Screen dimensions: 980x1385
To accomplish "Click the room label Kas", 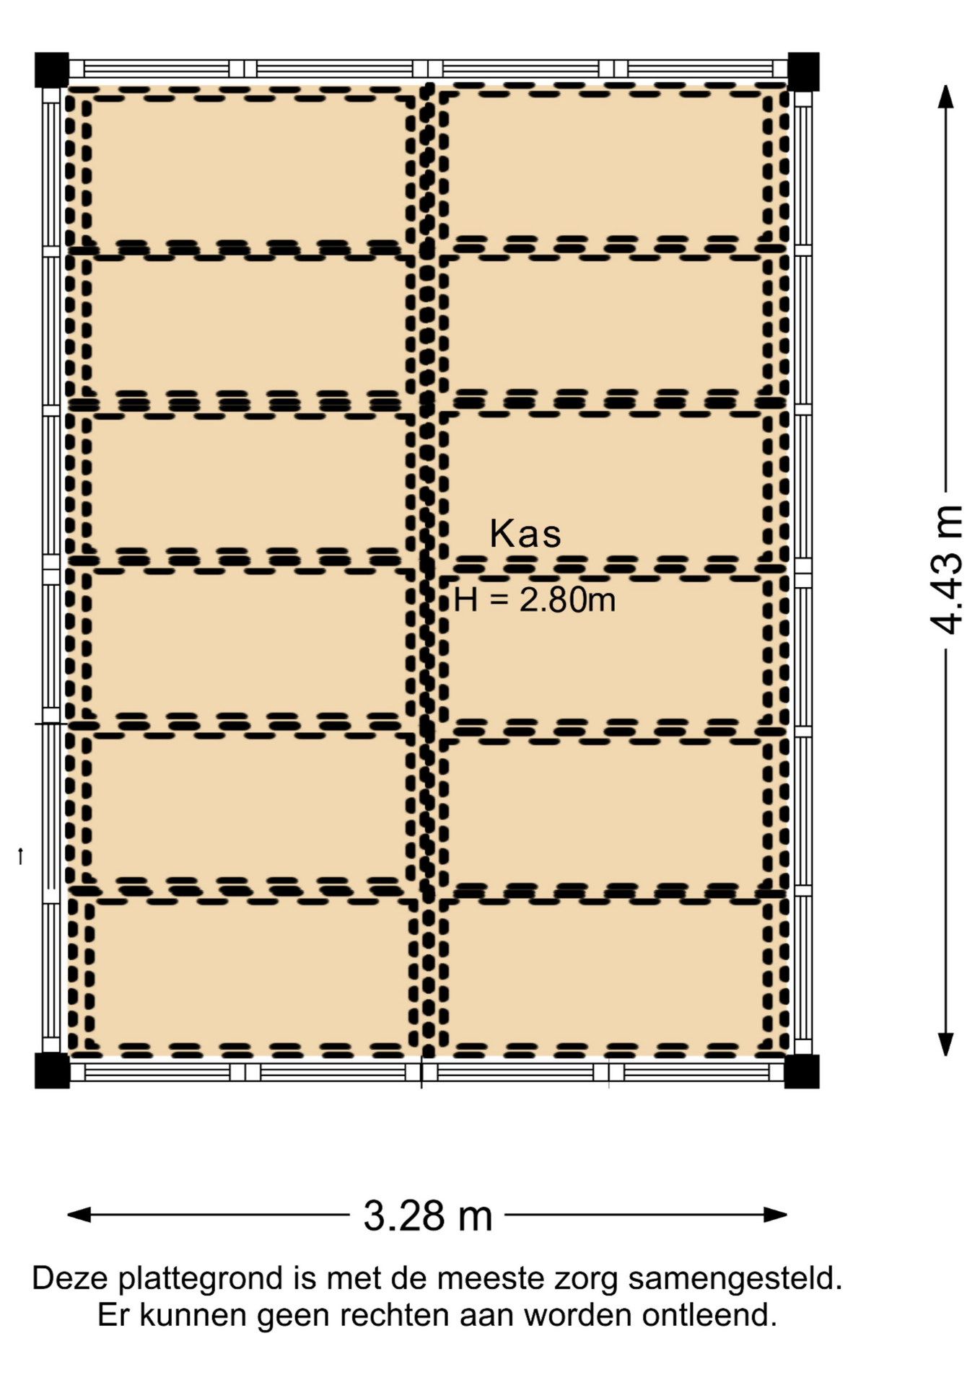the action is click(x=525, y=534).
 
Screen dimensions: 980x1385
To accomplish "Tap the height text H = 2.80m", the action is click(x=535, y=599).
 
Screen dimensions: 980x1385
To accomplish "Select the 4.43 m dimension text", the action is click(x=946, y=570).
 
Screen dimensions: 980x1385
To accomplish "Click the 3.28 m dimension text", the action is click(x=428, y=1215).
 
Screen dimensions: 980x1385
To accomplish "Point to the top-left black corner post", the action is click(x=51, y=70).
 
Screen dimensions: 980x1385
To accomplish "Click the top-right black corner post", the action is click(x=803, y=71).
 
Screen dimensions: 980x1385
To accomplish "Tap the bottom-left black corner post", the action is click(x=52, y=1070).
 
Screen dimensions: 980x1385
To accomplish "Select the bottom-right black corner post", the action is click(x=802, y=1071).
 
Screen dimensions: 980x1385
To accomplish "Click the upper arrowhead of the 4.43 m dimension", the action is click(x=945, y=96).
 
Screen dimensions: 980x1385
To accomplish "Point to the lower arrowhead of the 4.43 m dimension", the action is click(x=945, y=1044).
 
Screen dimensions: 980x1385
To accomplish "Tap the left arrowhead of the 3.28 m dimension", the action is click(x=79, y=1215).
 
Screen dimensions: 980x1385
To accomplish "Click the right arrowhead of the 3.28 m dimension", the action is click(x=775, y=1215).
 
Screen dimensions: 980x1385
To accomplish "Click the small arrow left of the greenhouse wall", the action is click(x=20, y=856).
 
